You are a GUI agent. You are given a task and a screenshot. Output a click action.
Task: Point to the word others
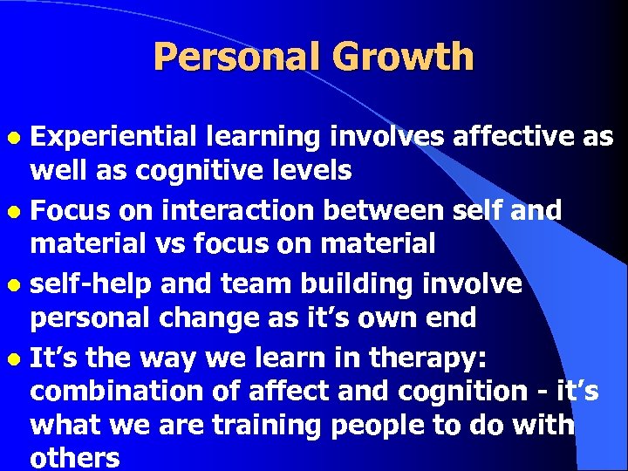pos(74,458)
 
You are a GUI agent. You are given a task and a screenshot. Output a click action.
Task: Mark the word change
pos(211,318)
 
